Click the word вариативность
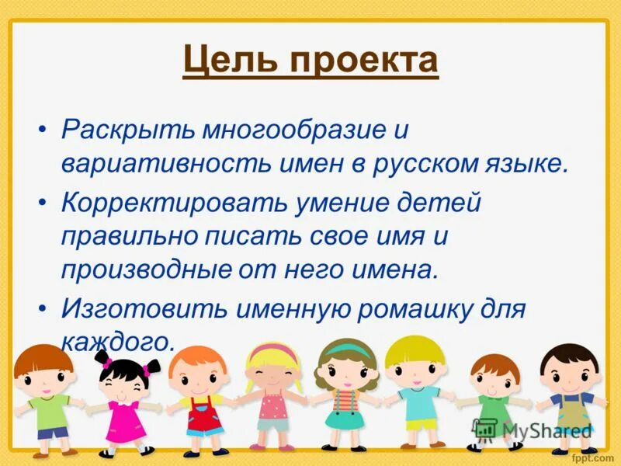pyautogui.click(x=161, y=164)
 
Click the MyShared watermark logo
pyautogui.click(x=533, y=429)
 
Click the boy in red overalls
pyautogui.click(x=197, y=404)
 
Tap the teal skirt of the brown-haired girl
pyautogui.click(x=345, y=419)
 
